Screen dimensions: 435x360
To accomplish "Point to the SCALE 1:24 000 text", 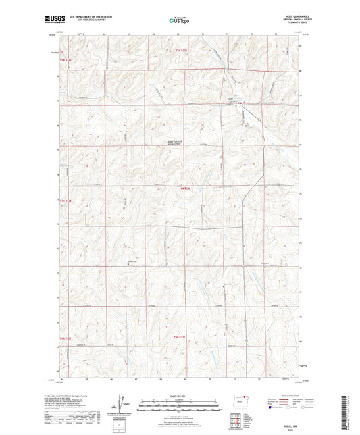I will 180,395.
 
